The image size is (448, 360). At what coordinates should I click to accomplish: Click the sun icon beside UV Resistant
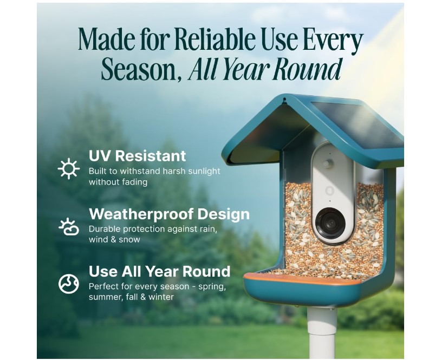69,169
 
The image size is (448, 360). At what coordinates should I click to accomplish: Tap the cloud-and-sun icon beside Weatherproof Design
69,226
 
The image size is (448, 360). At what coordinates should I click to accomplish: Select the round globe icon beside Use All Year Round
69,284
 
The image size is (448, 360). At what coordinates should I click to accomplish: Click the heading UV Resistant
137,156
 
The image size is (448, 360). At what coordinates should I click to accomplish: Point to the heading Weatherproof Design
169,214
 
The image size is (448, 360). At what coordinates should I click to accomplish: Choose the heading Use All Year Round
159,271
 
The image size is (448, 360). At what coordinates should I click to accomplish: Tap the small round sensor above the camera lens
328,163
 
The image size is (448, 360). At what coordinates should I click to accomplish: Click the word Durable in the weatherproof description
105,228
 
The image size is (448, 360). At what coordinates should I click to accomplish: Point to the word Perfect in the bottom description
103,286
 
